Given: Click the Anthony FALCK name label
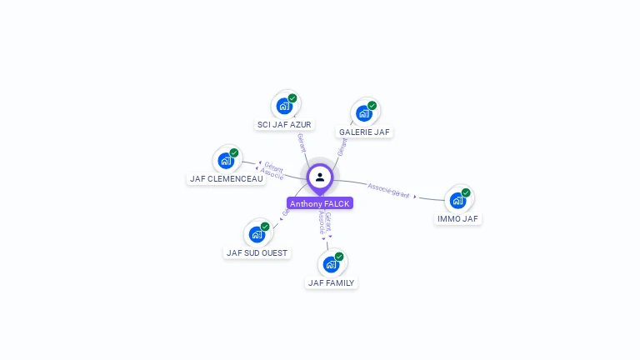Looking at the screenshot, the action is [x=320, y=203].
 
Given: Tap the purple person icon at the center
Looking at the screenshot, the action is [x=320, y=177].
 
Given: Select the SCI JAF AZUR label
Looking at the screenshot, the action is [x=284, y=124].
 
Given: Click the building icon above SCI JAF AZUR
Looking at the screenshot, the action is [x=284, y=106].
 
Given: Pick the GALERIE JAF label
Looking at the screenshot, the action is [x=364, y=132].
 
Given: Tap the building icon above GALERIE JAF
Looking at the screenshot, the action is [x=364, y=113].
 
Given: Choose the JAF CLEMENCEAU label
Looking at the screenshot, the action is [x=226, y=178].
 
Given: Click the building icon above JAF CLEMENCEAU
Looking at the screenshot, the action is [x=226, y=160].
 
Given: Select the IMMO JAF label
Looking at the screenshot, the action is [x=457, y=218].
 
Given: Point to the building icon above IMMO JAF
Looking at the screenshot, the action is [x=457, y=200].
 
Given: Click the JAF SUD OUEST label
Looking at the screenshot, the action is [x=257, y=252].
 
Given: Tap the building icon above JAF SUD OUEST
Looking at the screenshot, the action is [x=257, y=234].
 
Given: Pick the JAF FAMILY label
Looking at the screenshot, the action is [x=331, y=282].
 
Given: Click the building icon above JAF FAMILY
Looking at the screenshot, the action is [x=331, y=264].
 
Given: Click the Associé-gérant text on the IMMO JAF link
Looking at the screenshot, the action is [x=389, y=190].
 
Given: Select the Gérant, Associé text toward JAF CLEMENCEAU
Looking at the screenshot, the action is [x=273, y=171].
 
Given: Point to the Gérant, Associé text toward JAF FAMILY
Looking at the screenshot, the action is [x=325, y=222].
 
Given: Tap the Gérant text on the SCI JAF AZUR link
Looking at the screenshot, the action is [x=301, y=142].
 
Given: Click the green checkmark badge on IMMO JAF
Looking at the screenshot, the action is [x=466, y=192].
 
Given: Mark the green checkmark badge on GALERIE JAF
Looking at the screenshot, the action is [x=372, y=106].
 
